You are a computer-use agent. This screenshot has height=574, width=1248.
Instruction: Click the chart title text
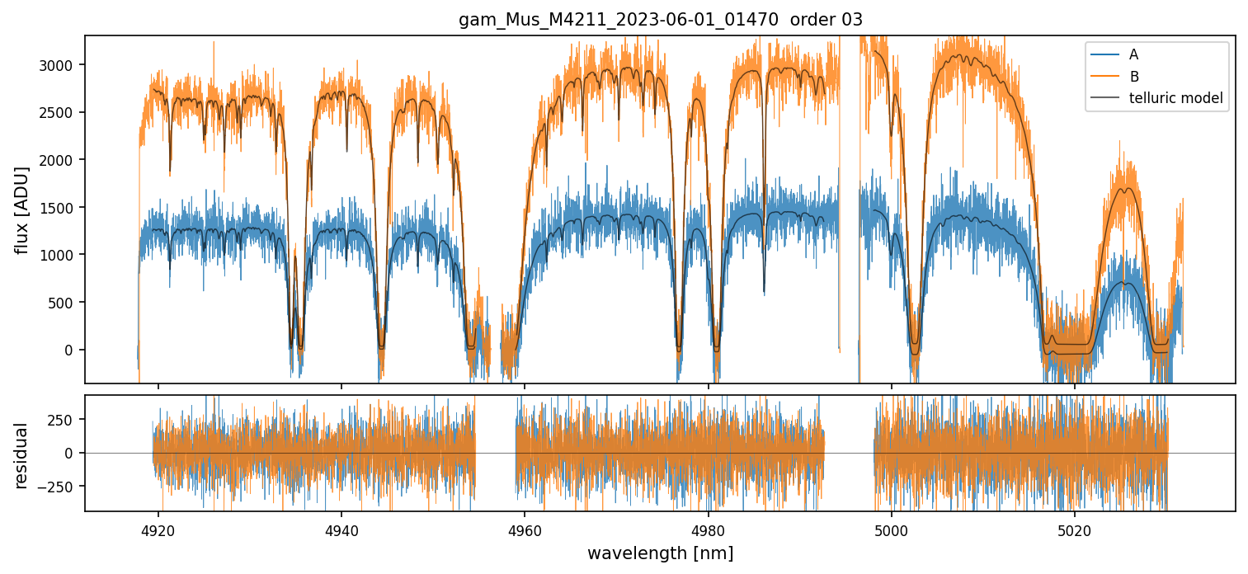pos(660,20)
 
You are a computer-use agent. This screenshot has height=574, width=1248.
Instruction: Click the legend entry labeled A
pos(1133,54)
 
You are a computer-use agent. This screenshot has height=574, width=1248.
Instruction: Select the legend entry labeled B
pos(1134,77)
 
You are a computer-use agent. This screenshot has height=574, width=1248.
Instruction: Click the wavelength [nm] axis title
pos(660,553)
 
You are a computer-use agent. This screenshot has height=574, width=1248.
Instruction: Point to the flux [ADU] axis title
pos(22,209)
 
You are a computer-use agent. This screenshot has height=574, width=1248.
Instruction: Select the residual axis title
pos(22,455)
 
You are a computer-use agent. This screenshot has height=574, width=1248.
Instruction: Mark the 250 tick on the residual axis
pos(65,419)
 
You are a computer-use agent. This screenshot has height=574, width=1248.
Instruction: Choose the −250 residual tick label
pos(61,487)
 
